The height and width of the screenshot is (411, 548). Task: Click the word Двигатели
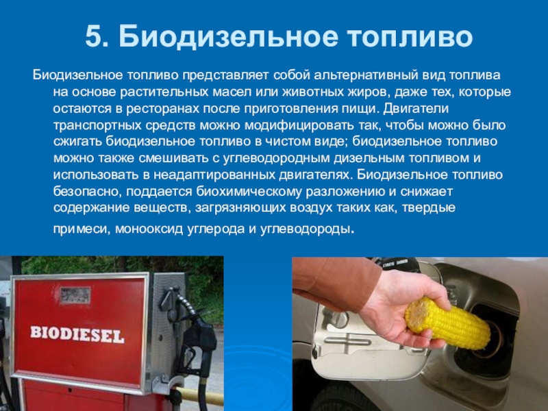(416, 109)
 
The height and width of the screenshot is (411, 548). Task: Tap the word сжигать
(77, 142)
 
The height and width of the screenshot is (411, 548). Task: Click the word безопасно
(88, 192)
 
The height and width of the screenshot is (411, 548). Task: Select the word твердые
(429, 208)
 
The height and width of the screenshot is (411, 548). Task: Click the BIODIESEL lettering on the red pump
(77, 334)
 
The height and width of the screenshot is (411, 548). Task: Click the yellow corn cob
(448, 324)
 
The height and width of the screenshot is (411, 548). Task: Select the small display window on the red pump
(75, 295)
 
